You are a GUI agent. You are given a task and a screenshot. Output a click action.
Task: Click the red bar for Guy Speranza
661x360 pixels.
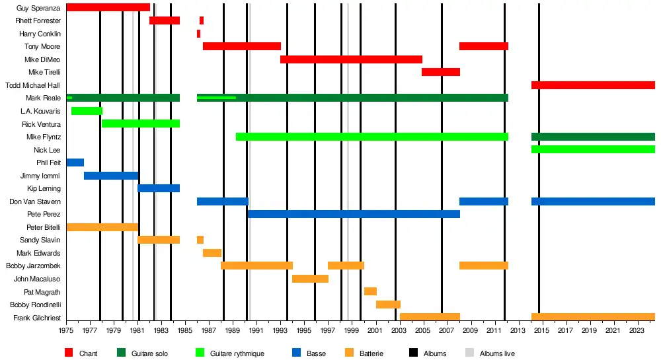pos(108,7)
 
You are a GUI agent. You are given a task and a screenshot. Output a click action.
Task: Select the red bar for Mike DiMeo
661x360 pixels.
pos(351,59)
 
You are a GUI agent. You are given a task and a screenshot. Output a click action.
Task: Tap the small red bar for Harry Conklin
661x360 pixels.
pos(198,34)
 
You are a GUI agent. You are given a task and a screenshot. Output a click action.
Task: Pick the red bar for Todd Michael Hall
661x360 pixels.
pos(593,85)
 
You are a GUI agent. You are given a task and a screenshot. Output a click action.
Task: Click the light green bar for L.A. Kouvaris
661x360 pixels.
pos(87,111)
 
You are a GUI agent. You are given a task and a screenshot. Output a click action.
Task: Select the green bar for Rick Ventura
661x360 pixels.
pos(141,124)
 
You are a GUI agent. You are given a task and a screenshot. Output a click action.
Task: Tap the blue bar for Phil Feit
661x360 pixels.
pos(75,162)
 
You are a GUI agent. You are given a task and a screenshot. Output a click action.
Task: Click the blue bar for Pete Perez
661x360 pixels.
pos(353,214)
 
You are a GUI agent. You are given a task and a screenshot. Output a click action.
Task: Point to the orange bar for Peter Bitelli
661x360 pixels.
pos(102,227)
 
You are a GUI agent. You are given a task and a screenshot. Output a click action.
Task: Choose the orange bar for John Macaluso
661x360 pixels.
pos(310,279)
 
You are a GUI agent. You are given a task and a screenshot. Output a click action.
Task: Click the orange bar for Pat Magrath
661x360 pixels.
pos(370,291)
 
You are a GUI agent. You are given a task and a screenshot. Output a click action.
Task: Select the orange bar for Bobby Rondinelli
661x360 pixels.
pos(388,305)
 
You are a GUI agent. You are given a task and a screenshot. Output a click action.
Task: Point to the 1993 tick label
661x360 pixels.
pos(280,330)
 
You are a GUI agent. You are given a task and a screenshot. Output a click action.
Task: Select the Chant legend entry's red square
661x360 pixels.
pos(69,353)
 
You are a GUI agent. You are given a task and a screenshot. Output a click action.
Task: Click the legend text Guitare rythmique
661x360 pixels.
pos(237,354)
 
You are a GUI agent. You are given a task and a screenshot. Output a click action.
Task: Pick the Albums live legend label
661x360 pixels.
pos(497,354)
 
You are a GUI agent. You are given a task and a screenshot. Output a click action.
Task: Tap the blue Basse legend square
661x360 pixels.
pos(297,353)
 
